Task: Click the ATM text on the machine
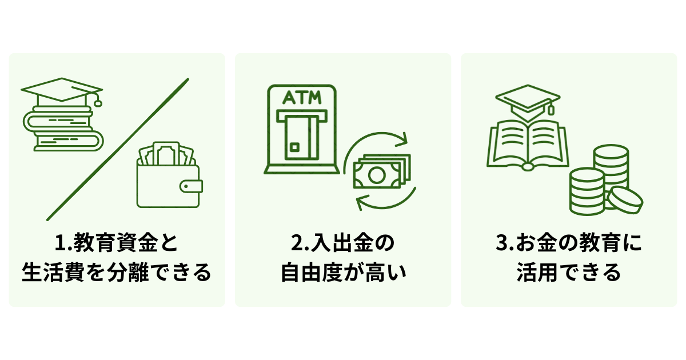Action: (x=302, y=97)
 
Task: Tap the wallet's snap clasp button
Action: (x=191, y=186)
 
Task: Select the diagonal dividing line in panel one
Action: (x=118, y=149)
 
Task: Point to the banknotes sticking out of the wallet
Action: (x=166, y=153)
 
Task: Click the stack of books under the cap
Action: (x=63, y=129)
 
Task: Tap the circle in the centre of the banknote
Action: (x=376, y=175)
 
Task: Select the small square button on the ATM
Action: (x=294, y=147)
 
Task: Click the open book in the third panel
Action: (x=528, y=145)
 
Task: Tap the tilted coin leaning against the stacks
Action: (x=625, y=201)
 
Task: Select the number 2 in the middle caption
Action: (x=297, y=243)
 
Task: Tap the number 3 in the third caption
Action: (x=502, y=243)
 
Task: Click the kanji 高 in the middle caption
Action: (x=372, y=272)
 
